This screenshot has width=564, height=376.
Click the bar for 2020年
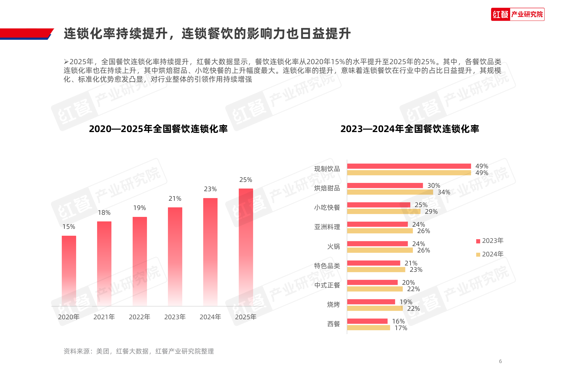point(69,270)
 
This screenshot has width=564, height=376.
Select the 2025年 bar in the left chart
point(246,247)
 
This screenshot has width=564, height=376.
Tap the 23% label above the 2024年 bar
point(210,189)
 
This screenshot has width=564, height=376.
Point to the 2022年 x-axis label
point(139,317)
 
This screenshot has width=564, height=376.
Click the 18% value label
point(104,213)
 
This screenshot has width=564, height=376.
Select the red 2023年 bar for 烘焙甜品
point(385,186)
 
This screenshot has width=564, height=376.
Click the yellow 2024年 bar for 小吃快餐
point(383,212)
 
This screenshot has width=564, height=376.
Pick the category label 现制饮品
point(327,169)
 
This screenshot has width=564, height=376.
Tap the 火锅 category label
point(333,247)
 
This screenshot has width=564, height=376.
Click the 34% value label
point(444,192)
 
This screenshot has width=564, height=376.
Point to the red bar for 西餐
point(367,321)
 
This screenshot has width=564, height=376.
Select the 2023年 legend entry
point(490,241)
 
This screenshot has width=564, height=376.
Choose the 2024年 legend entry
point(490,254)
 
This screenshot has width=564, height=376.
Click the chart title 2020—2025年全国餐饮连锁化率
point(158,129)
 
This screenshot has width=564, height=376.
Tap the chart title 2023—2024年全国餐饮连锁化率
point(410,129)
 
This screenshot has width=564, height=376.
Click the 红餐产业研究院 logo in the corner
point(518,14)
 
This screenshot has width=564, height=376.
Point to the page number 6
point(500,361)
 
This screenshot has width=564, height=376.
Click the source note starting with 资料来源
point(138,351)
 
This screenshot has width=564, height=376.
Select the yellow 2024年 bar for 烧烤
point(375,308)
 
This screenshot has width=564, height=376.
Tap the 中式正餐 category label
point(327,285)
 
